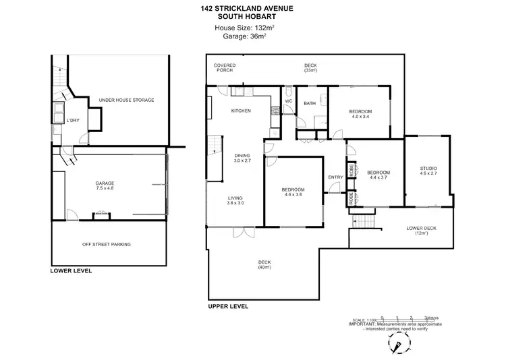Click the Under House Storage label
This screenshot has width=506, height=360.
click(126, 100)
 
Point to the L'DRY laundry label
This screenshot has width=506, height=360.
click(73, 121)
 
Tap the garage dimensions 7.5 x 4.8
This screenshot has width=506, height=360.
click(106, 190)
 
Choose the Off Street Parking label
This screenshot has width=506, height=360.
click(106, 244)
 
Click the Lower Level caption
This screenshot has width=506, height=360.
click(71, 271)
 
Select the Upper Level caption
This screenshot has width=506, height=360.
click(228, 306)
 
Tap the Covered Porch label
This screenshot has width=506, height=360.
click(225, 68)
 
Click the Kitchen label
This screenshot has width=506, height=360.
click(241, 111)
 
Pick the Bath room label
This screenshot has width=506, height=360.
click(310, 103)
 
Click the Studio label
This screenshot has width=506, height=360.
click(428, 169)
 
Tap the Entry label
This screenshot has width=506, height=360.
click(335, 177)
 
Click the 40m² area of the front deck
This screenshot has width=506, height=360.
click(264, 268)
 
